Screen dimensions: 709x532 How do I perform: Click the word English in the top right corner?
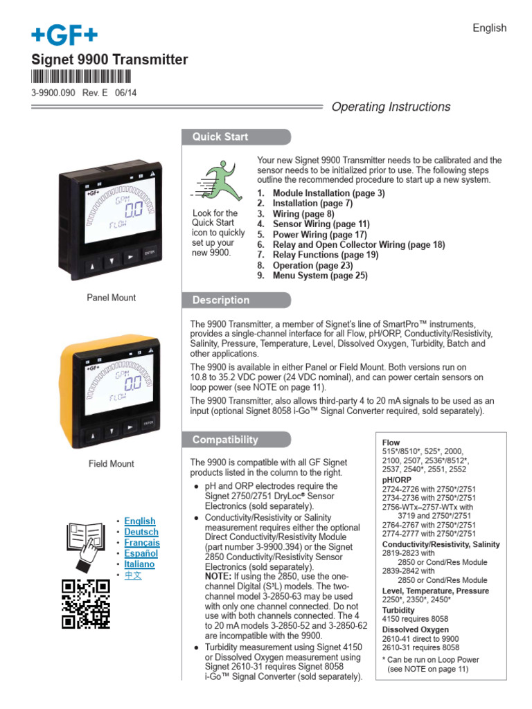tap(489, 28)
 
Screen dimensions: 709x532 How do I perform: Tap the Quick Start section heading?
tap(220, 136)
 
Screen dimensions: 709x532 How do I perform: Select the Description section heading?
tap(221, 300)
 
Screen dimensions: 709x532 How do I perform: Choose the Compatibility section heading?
tap(225, 440)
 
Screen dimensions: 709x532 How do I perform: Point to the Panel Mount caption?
tap(111, 298)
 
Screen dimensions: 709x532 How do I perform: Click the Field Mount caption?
tap(111, 464)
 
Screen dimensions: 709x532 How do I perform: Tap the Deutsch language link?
tap(141, 532)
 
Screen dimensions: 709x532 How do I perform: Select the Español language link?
tap(141, 553)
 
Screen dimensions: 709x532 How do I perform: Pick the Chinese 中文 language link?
tap(133, 575)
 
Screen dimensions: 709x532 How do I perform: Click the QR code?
tap(86, 603)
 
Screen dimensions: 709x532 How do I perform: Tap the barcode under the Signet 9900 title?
tap(82, 77)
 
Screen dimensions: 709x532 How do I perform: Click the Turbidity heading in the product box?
tap(398, 611)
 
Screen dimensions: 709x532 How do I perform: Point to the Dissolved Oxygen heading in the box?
tap(416, 630)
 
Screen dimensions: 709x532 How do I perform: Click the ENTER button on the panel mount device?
tap(150, 253)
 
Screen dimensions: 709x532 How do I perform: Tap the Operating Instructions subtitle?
tap(391, 107)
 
